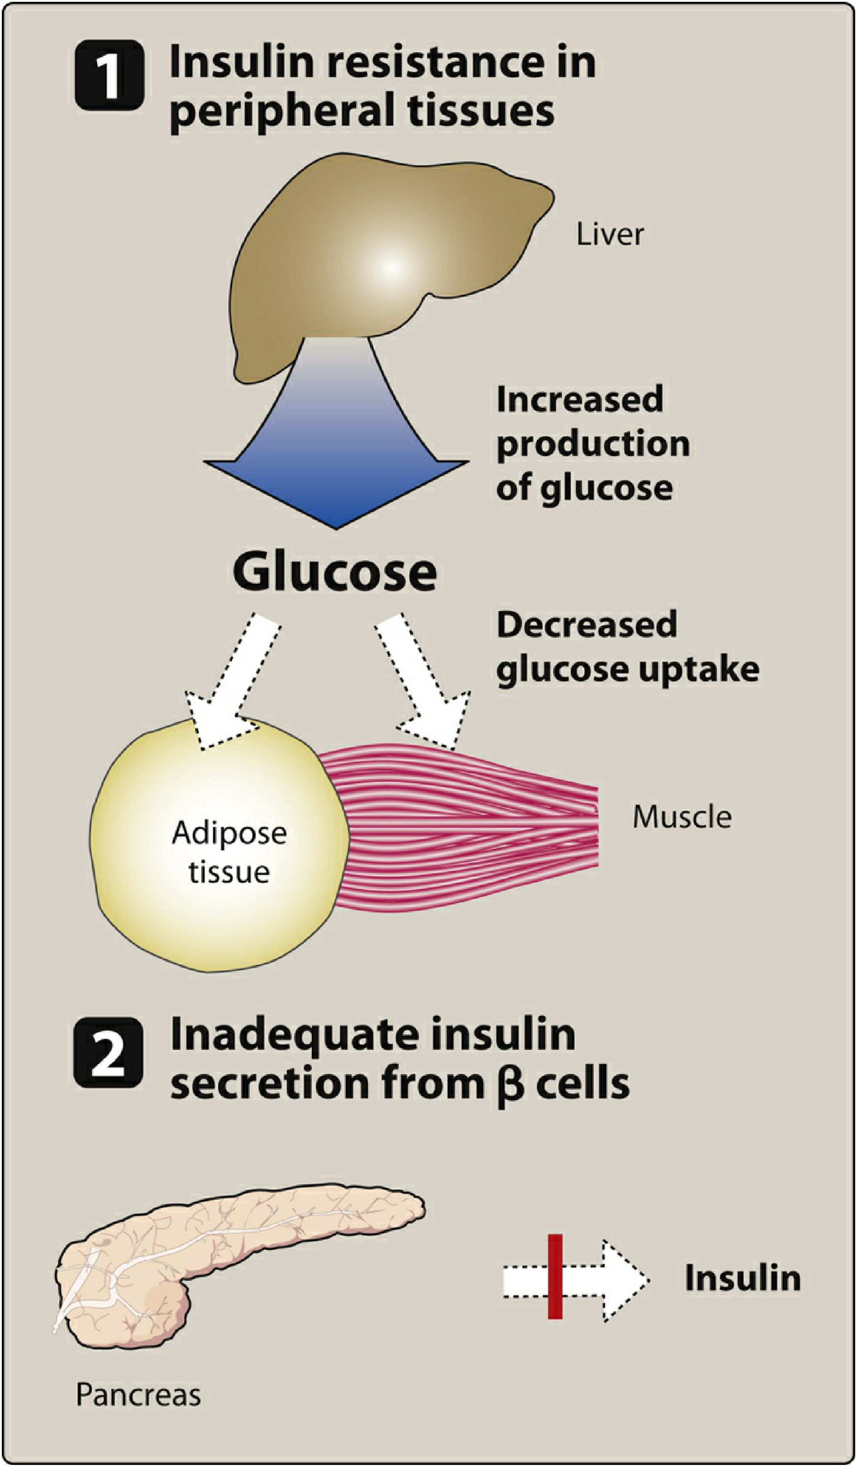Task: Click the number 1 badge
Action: coord(109,75)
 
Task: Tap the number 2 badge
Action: coord(109,1052)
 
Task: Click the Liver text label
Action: coord(610,234)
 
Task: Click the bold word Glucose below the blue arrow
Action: coord(334,572)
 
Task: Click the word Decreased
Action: coord(586,624)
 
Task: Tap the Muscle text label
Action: coord(682,817)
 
